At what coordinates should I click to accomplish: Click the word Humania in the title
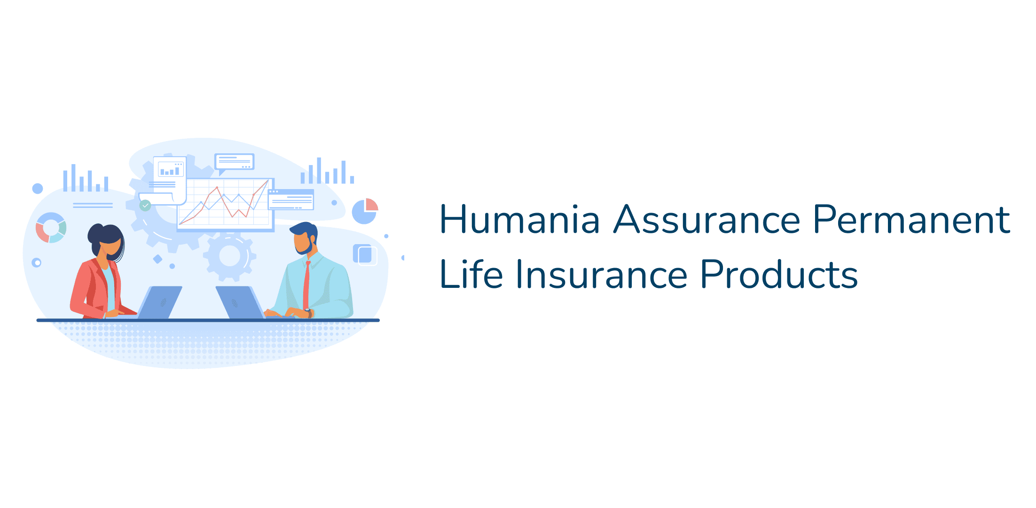pos(519,220)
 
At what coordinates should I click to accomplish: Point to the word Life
pos(471,275)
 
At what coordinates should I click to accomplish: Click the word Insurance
pos(602,275)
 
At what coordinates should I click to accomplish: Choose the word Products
pos(778,275)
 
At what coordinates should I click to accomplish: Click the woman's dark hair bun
pos(95,232)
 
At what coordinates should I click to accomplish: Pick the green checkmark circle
pos(145,206)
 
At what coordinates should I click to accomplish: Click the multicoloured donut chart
pos(51,228)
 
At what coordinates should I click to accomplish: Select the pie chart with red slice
pos(365,211)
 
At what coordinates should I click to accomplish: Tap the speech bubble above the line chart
pos(234,162)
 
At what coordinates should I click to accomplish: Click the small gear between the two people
pos(230,256)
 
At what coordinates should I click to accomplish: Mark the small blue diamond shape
pos(158,259)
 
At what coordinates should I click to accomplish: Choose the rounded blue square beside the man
pos(364,254)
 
